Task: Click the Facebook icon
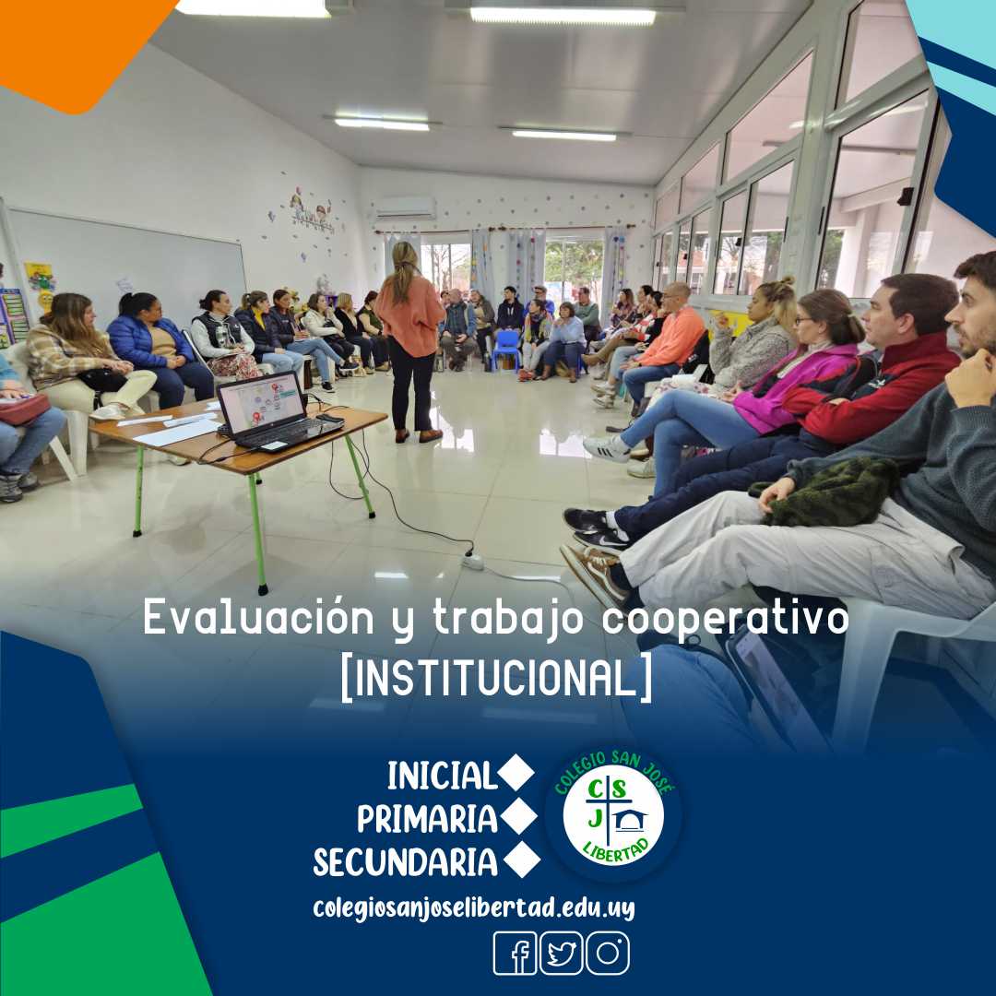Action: (515, 953)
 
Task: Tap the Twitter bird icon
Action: (561, 953)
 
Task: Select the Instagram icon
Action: (608, 953)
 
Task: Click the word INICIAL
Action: (442, 777)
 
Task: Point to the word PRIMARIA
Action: (427, 819)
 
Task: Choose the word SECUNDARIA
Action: (406, 862)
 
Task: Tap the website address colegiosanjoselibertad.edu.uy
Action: (474, 907)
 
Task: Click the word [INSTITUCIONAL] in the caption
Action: (496, 677)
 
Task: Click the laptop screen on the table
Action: (261, 403)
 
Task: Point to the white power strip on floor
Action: (472, 560)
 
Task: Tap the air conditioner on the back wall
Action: (405, 207)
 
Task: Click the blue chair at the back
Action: (506, 348)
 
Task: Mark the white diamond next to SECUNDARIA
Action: (522, 860)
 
